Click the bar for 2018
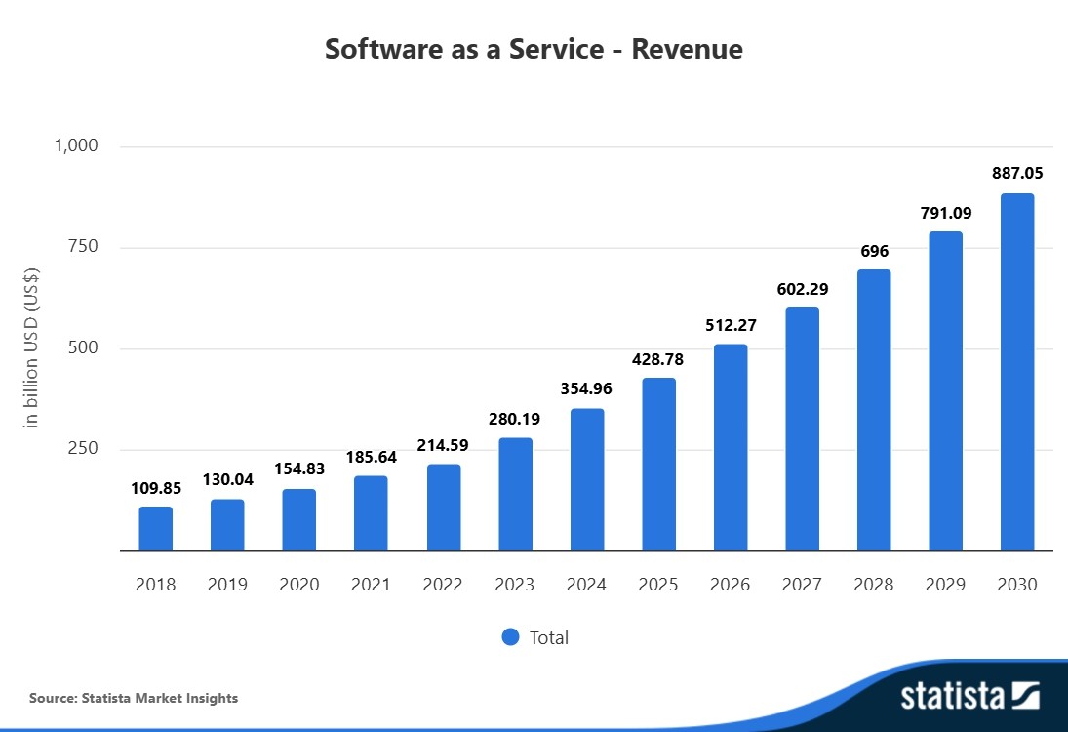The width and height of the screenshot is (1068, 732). [155, 528]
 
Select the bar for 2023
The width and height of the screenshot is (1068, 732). [515, 494]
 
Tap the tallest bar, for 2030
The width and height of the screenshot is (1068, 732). [1017, 372]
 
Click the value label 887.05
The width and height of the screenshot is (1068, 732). [1017, 173]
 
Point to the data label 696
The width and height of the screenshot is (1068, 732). [874, 251]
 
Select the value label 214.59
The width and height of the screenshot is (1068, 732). [443, 444]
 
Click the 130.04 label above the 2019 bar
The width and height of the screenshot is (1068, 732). [227, 479]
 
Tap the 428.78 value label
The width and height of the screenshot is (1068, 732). [658, 359]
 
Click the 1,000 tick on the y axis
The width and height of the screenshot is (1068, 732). [76, 146]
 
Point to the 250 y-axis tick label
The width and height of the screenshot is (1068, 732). [84, 449]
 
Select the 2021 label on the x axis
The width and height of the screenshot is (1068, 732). [371, 585]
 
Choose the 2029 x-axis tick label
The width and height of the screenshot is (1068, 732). [945, 585]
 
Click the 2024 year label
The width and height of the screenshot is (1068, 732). [586, 585]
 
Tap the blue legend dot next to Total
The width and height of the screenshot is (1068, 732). [510, 637]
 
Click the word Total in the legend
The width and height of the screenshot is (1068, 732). [548, 638]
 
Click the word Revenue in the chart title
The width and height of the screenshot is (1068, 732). [687, 49]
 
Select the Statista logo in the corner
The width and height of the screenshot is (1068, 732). [969, 696]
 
